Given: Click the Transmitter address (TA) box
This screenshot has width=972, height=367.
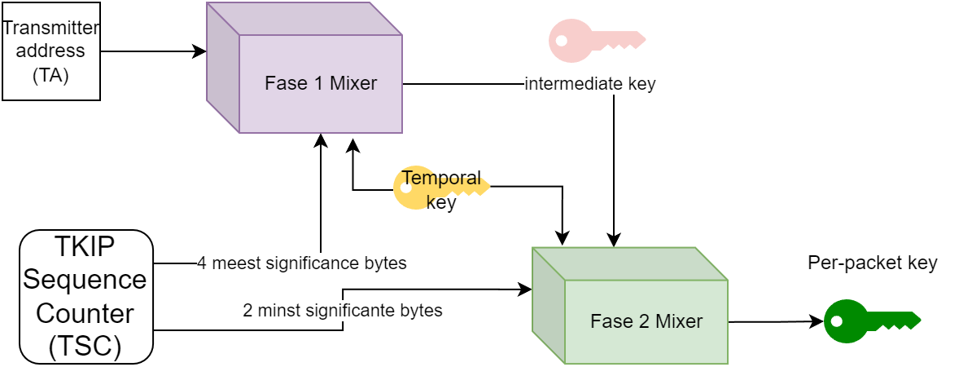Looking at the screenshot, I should point(51,51).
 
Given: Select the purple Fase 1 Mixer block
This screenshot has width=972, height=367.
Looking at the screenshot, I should point(304,68).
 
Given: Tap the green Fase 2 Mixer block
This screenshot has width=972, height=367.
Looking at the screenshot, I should point(630,306).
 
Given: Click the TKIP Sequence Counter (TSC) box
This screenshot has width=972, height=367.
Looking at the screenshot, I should point(86,297).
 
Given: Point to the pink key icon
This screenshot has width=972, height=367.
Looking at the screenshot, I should point(596,40).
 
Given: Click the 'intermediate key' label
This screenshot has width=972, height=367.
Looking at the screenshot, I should point(590,83).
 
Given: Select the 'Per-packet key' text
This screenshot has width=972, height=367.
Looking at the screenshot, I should point(872,263).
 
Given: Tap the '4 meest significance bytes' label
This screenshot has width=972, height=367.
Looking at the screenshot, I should point(302,263).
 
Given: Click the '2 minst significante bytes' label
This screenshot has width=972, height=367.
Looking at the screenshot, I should point(343,311).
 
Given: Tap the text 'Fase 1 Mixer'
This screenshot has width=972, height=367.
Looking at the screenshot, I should point(321,83).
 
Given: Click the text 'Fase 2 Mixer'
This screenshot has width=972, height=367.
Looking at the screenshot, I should point(646,321).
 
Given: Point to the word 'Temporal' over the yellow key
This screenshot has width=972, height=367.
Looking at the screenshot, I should point(442,179).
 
